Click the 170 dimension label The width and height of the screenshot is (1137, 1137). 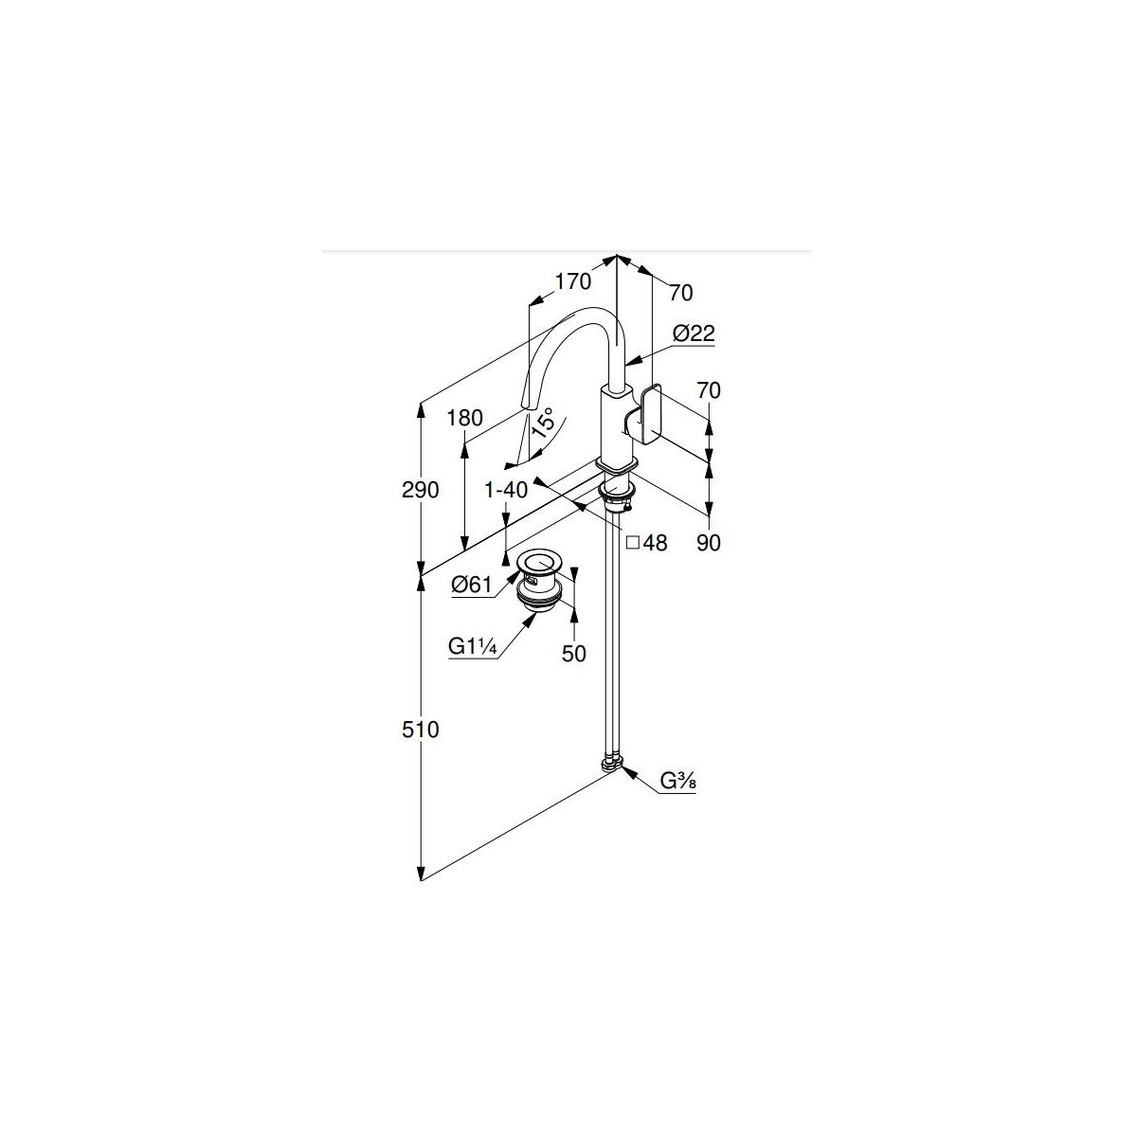point(572,281)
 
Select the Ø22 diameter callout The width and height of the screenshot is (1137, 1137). point(694,334)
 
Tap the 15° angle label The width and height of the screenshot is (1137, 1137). point(544,422)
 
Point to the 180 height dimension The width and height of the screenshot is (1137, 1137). point(465,418)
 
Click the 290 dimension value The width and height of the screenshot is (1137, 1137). point(420,490)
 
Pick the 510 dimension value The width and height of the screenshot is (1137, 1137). point(420,730)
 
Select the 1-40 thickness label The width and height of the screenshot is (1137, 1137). point(506,489)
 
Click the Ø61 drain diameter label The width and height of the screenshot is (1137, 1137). point(472,585)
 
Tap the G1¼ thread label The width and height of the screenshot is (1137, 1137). point(472,647)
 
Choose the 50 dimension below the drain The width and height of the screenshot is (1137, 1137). point(573,653)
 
